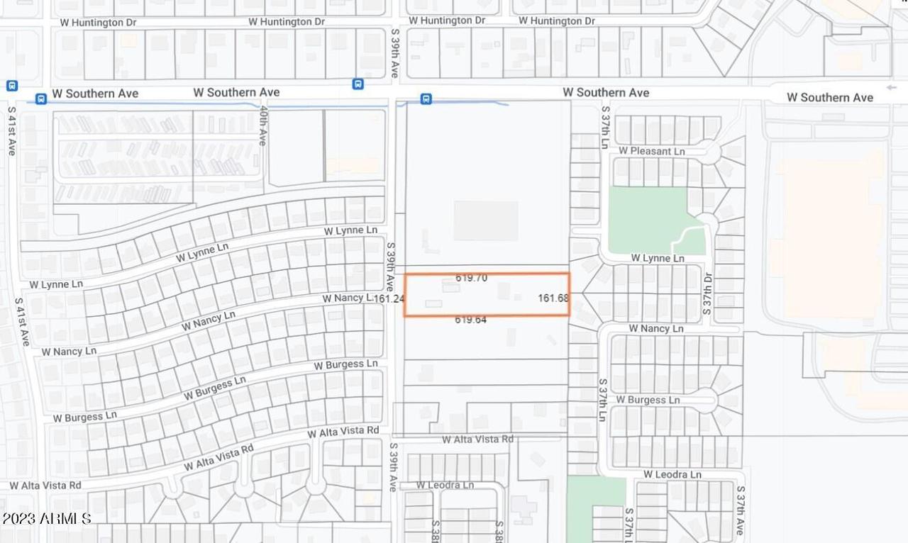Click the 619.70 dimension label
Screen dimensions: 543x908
(x=471, y=279)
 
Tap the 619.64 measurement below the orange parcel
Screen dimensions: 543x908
(x=471, y=320)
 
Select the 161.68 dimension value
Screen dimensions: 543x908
(x=553, y=298)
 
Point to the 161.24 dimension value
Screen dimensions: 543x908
(x=389, y=299)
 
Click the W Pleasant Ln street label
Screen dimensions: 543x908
(x=651, y=151)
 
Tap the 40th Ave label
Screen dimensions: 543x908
(x=262, y=126)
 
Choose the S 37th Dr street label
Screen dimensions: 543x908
(x=707, y=293)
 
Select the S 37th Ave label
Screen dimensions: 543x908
(x=740, y=510)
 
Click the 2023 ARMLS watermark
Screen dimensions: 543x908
(x=47, y=519)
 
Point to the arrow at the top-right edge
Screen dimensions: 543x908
(x=891, y=88)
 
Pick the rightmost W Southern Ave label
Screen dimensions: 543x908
(x=830, y=98)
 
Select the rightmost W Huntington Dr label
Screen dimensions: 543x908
(x=556, y=21)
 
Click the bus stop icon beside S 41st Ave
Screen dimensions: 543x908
(x=12, y=86)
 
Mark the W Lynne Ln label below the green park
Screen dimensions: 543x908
(x=657, y=259)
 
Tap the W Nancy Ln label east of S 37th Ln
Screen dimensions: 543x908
(x=655, y=329)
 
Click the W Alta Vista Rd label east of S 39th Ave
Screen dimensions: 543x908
(x=477, y=440)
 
